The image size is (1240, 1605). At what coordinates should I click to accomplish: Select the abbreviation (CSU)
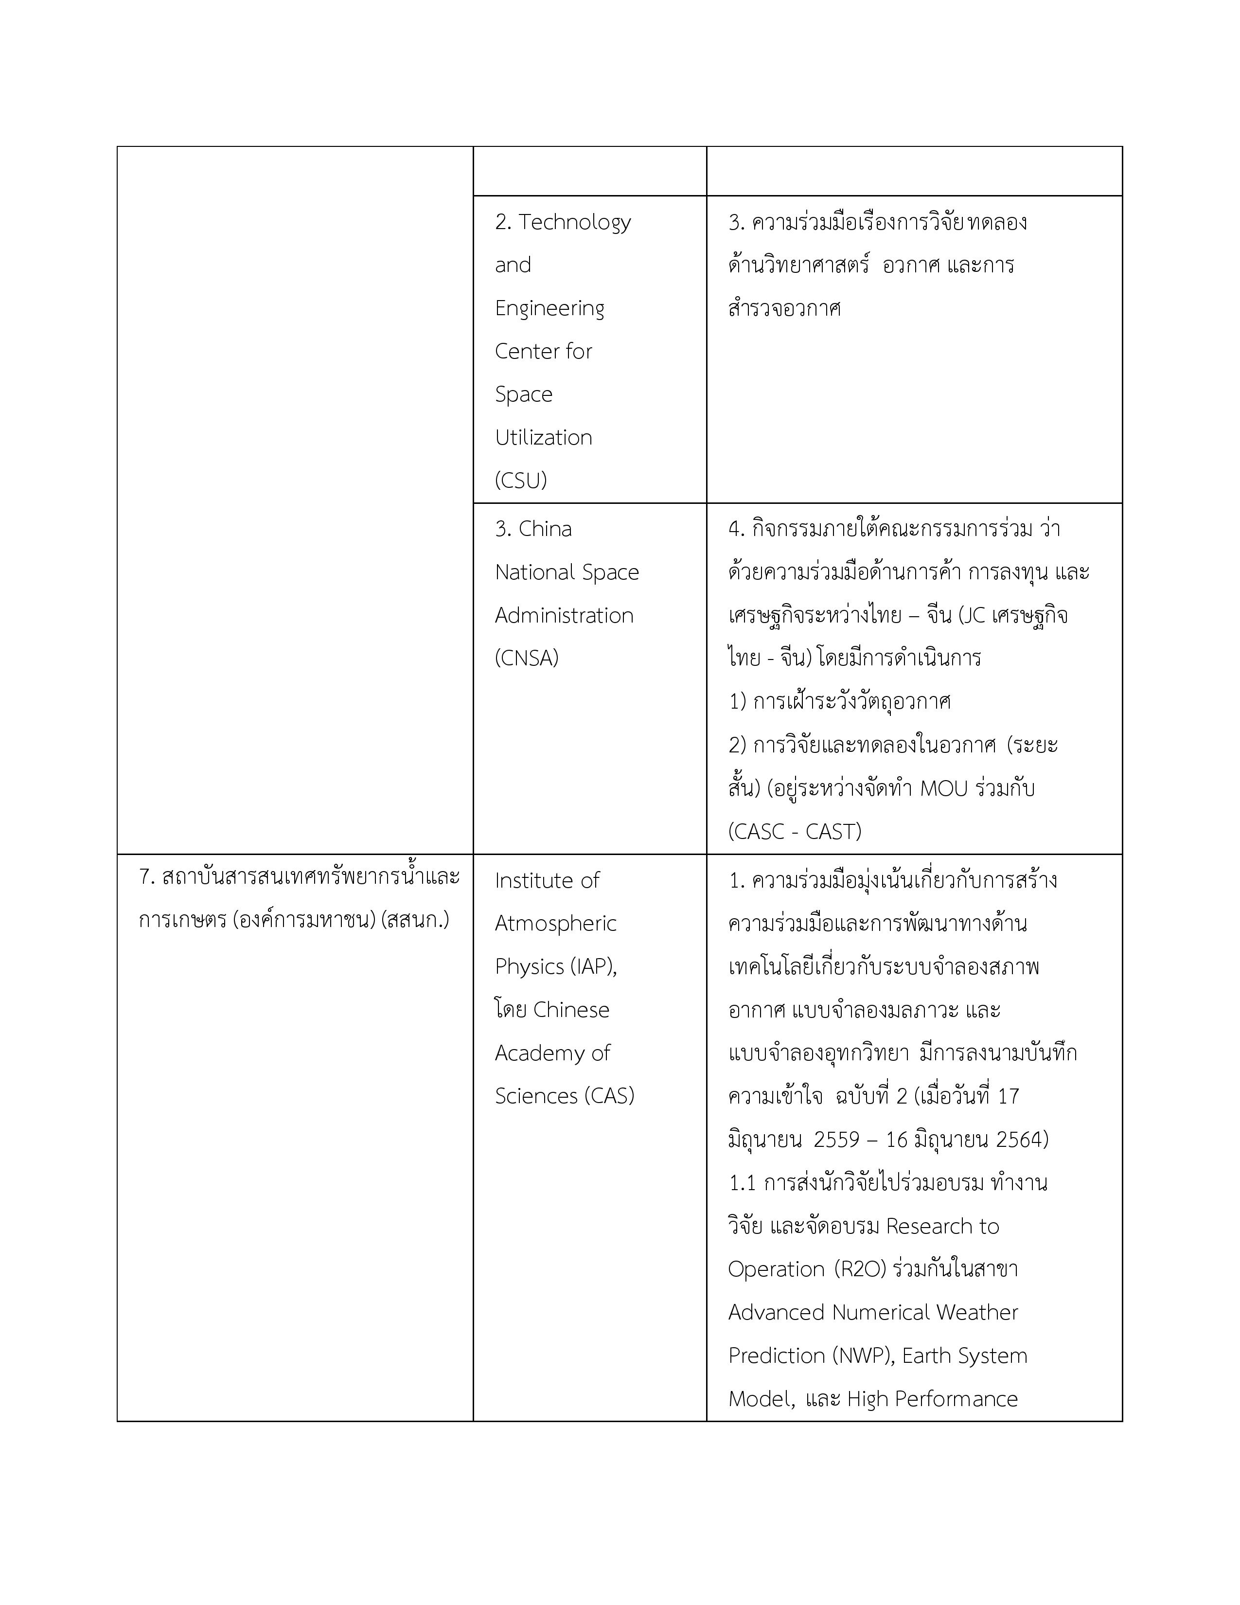click(521, 481)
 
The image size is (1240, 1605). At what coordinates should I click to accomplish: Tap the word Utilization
click(544, 437)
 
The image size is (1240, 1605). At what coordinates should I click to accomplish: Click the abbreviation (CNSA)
click(527, 658)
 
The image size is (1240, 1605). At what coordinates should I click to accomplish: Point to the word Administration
click(564, 615)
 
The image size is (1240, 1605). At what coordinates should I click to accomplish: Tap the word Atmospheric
click(555, 924)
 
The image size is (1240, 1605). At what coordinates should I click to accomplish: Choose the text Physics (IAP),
click(556, 966)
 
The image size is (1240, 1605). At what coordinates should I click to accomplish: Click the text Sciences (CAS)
click(564, 1096)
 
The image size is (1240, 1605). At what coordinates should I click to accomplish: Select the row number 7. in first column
click(147, 877)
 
